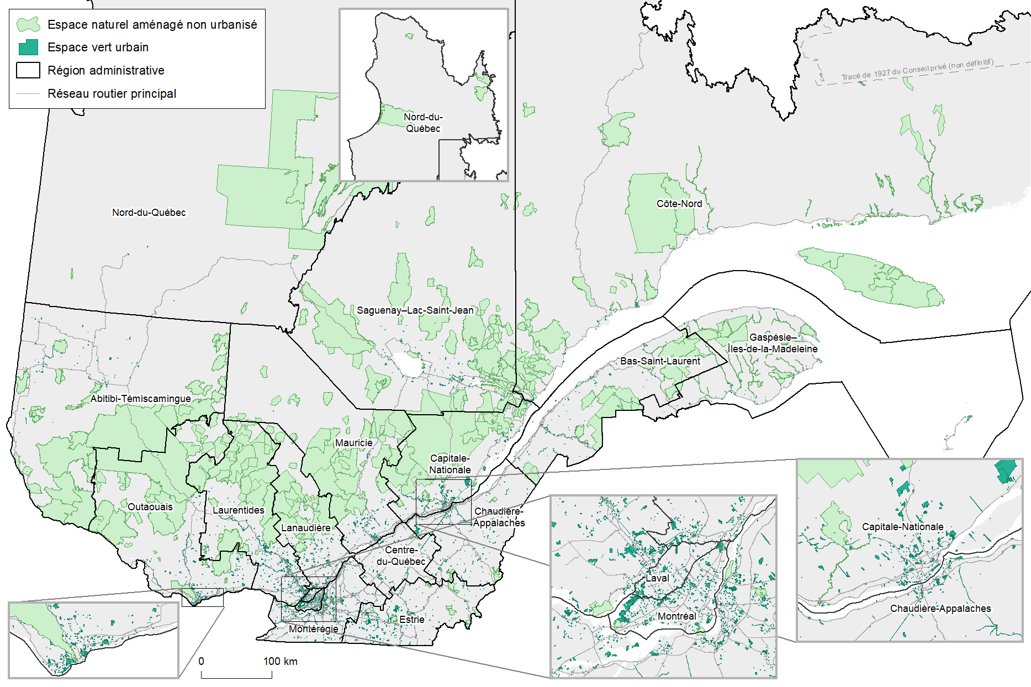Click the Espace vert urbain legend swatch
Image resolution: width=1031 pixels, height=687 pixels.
[28, 47]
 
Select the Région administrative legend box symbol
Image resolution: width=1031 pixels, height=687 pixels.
[28, 71]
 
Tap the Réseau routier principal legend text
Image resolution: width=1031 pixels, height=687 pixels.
[112, 94]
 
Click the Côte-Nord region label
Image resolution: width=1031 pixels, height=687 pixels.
[679, 204]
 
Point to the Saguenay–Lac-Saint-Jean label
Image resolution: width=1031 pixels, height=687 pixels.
[415, 310]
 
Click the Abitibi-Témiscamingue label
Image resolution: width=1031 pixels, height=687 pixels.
[140, 399]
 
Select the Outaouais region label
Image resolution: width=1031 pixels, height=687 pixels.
[150, 507]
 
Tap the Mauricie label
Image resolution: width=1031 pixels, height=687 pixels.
[353, 443]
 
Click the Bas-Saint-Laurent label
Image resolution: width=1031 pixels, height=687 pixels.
[660, 361]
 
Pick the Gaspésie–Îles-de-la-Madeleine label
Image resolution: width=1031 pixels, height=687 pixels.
[772, 343]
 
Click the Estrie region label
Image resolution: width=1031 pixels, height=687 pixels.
[412, 620]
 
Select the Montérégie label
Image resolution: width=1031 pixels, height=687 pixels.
[313, 629]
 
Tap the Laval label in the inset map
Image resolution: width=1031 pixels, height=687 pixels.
[657, 578]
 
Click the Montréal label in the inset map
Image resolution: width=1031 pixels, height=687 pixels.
[676, 616]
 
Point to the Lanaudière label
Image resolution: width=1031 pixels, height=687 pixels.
[305, 528]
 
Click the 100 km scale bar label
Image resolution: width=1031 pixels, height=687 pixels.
[280, 662]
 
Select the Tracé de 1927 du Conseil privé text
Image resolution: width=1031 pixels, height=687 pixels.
[917, 70]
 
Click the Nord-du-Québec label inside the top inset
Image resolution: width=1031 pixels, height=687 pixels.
[423, 123]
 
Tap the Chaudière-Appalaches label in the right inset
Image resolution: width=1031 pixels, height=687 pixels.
[940, 609]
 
